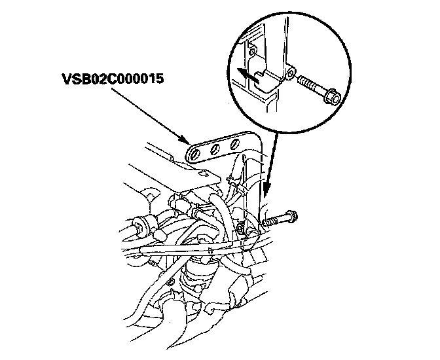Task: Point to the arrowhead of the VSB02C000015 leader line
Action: point(187,141)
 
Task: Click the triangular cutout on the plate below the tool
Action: point(206,173)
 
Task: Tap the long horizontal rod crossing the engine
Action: point(196,250)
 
